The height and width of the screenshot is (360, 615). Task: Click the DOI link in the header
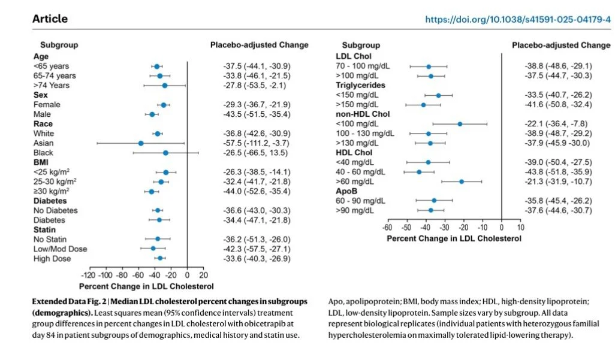pyautogui.click(x=518, y=19)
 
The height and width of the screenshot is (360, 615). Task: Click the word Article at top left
pyautogui.click(x=50, y=19)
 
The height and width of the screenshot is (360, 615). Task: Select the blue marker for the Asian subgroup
pyautogui.click(x=141, y=143)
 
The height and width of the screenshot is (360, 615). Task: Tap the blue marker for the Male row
pyautogui.click(x=152, y=114)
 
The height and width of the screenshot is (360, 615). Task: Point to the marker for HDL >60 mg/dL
pyautogui.click(x=462, y=181)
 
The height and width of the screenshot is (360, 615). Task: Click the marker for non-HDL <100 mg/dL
pyautogui.click(x=460, y=124)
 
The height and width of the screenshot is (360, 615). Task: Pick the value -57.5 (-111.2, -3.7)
pyautogui.click(x=256, y=143)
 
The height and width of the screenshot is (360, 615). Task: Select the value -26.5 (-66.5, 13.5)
pyautogui.click(x=256, y=153)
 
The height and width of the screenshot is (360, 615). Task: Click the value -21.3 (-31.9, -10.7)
pyautogui.click(x=558, y=181)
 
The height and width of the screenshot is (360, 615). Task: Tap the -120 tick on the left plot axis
pyautogui.click(x=88, y=276)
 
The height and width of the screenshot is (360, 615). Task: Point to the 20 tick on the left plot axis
pyautogui.click(x=203, y=276)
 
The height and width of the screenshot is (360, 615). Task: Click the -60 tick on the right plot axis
pyautogui.click(x=387, y=228)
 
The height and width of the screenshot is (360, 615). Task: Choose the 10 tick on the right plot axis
pyautogui.click(x=520, y=228)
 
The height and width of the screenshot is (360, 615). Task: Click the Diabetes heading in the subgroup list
pyautogui.click(x=50, y=201)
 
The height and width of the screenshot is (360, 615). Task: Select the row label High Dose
pyautogui.click(x=52, y=259)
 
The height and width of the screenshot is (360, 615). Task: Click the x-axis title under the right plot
pyautogui.click(x=454, y=238)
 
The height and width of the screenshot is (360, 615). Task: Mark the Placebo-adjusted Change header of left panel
pyautogui.click(x=260, y=45)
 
